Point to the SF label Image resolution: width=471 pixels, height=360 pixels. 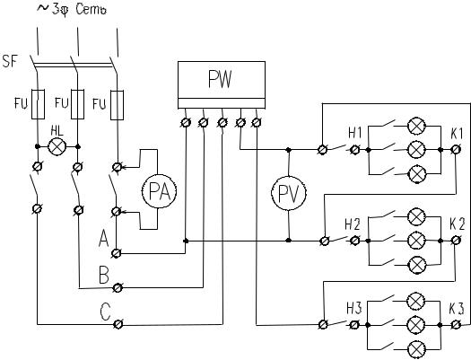10,61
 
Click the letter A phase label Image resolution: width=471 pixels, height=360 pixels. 104,239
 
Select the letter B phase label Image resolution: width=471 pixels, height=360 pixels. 104,275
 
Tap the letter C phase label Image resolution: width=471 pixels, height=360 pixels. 106,312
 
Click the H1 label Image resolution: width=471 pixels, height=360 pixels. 355,133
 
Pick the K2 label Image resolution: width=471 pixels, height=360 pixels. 458,224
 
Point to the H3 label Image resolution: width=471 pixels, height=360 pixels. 354,309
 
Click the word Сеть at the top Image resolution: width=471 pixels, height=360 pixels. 92,9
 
